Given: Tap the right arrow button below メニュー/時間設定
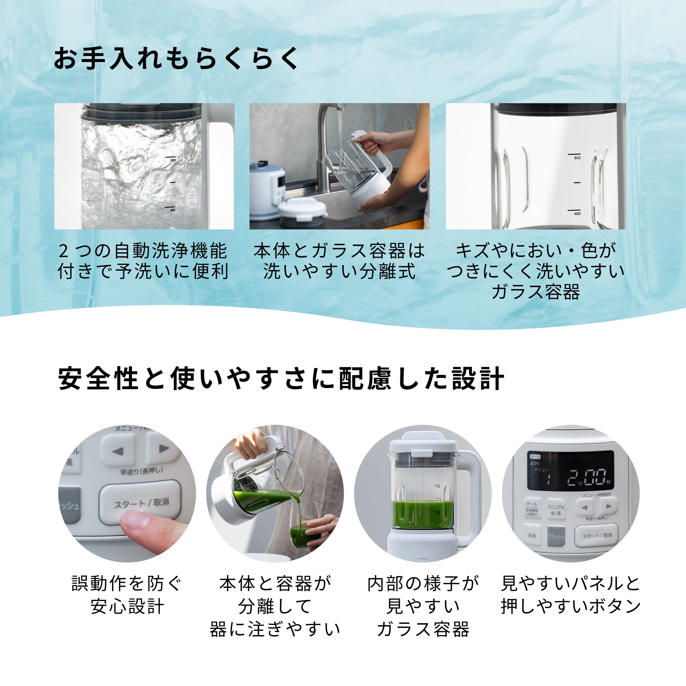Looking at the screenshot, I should click(609, 506).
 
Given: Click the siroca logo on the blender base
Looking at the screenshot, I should click(422, 559).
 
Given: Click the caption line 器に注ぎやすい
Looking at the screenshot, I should click(275, 629).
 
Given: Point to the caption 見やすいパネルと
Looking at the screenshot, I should click(570, 583).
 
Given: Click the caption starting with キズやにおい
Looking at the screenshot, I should click(536, 251).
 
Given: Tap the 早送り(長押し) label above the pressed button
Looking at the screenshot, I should click(141, 471).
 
